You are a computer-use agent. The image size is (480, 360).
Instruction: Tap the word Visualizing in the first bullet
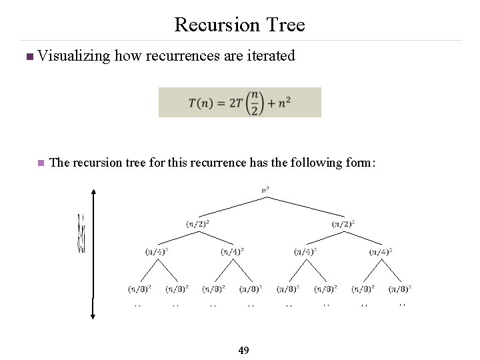[74, 57]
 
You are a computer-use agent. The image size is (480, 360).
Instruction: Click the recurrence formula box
[239, 102]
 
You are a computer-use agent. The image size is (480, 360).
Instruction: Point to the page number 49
[243, 350]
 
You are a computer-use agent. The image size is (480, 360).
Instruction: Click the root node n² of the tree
[266, 190]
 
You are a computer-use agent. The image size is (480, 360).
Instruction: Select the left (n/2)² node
[197, 223]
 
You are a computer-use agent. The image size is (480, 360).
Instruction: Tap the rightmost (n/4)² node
[381, 251]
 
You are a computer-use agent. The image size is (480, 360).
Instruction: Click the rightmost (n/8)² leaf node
[400, 289]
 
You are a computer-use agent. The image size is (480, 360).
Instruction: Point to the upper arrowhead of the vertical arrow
[95, 193]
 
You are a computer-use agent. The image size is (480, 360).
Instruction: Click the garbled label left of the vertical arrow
[81, 233]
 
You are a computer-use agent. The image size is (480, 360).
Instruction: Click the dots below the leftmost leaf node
[138, 305]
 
